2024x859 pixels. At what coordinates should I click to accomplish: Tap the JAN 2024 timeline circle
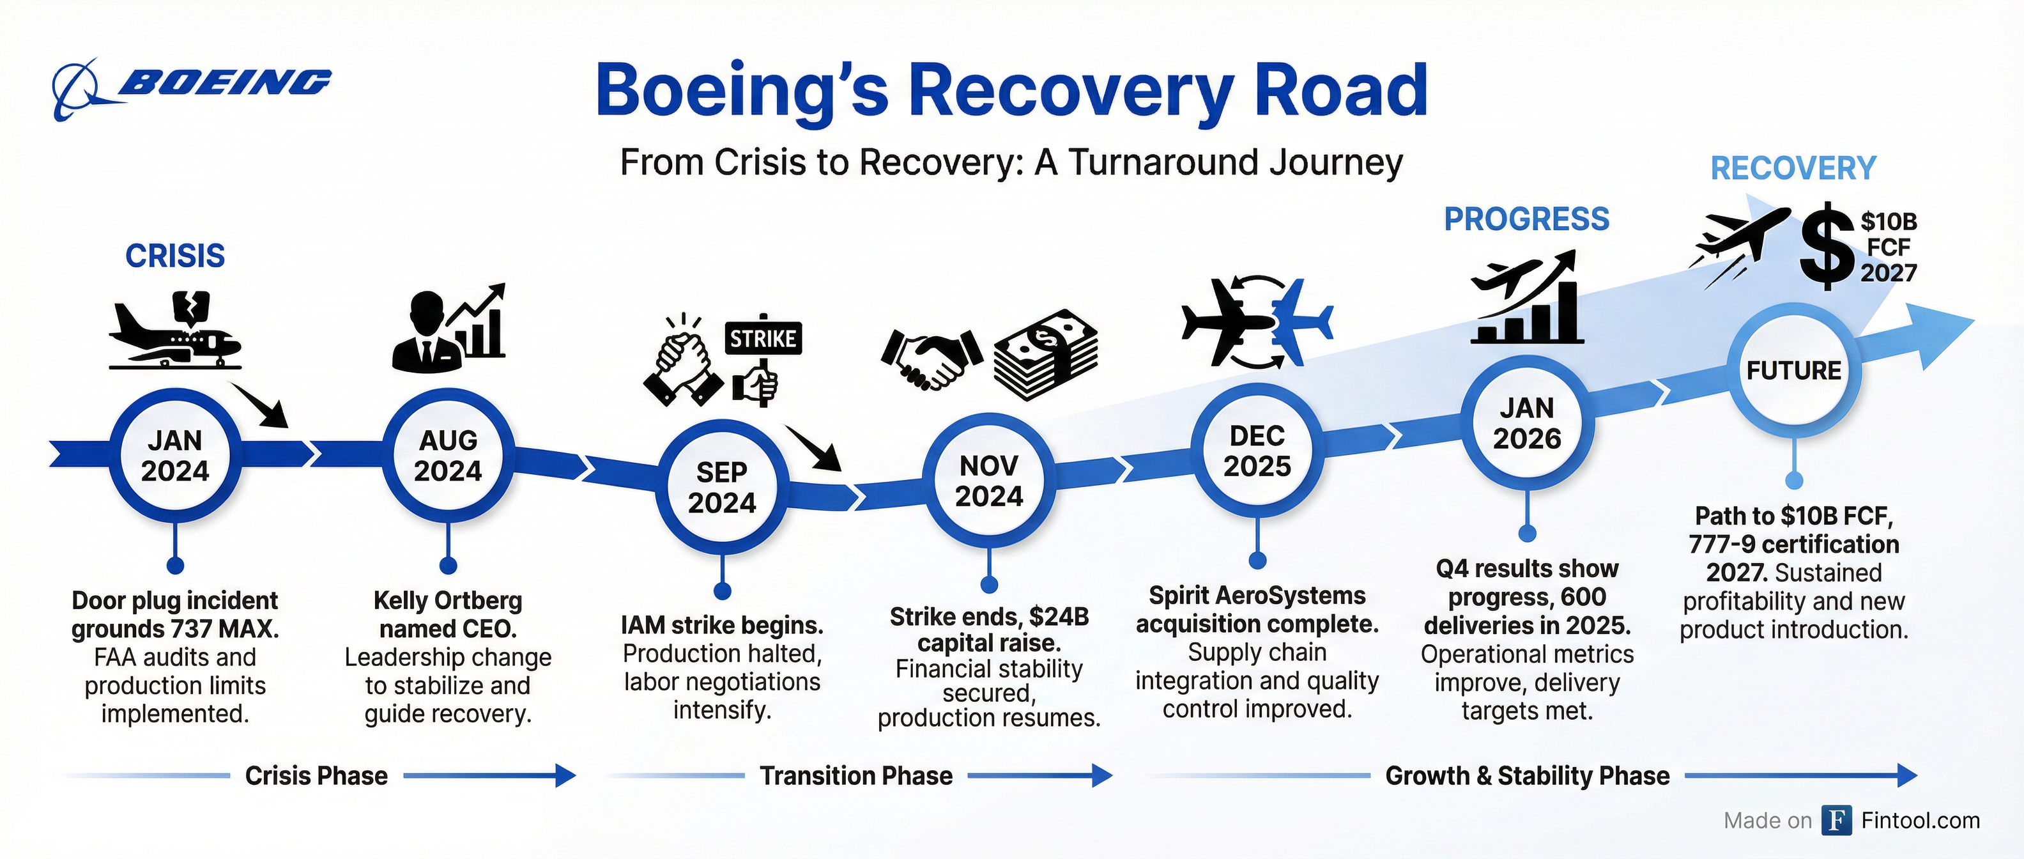pos(174,456)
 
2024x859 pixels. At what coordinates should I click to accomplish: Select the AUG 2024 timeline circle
pos(448,456)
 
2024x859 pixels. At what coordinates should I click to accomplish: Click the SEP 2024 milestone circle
pos(721,487)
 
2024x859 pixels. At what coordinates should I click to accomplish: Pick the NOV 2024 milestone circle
pos(988,481)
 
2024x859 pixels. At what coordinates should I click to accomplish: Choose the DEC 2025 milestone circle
pos(1257,451)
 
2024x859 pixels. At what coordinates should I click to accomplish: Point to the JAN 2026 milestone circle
pos(1527,424)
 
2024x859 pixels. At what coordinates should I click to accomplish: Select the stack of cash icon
pos(1045,353)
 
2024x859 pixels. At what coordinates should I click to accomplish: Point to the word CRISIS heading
pos(175,256)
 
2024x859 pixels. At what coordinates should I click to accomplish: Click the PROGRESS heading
pos(1527,219)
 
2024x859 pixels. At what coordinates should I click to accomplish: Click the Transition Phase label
pos(855,776)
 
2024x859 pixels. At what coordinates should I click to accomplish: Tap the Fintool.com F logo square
pos(1836,821)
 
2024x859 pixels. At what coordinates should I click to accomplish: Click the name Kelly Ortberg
pos(448,600)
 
